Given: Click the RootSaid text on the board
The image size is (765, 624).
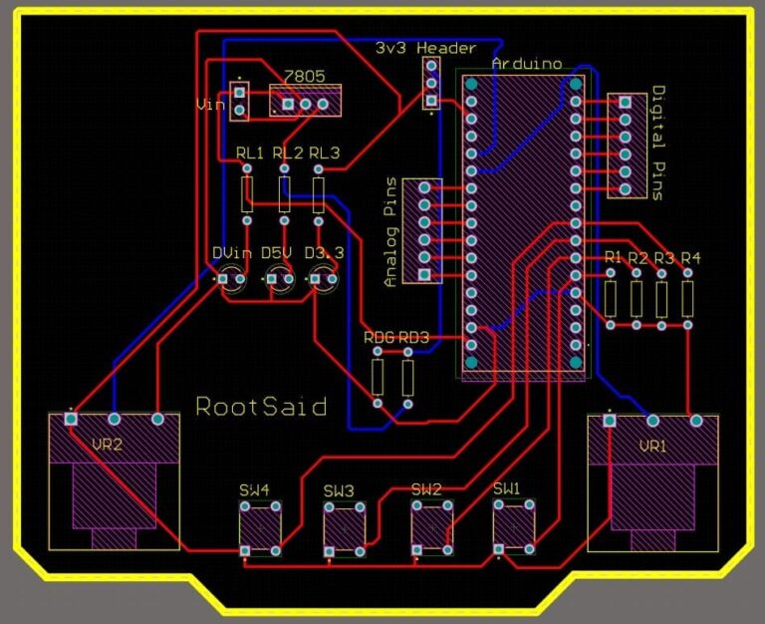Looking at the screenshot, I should (x=261, y=407).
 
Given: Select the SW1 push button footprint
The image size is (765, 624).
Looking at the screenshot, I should (x=514, y=526).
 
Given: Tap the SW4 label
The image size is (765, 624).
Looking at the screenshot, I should (x=254, y=489).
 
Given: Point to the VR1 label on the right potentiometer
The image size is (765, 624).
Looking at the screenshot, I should (x=652, y=446).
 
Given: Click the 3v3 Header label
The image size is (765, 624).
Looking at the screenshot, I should (x=425, y=47).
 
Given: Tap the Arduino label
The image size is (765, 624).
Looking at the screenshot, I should (x=526, y=63).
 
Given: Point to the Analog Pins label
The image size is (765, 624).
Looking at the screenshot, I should (x=390, y=232).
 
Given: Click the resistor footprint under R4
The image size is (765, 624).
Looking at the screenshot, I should (x=687, y=298).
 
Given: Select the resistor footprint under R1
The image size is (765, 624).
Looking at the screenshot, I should (x=611, y=298).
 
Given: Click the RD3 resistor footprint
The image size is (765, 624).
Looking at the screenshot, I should (x=407, y=378).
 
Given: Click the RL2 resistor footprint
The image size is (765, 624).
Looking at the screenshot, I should (x=285, y=193).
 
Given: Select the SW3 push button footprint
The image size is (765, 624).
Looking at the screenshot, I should (x=345, y=526).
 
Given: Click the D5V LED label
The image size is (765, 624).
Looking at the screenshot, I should (x=276, y=253).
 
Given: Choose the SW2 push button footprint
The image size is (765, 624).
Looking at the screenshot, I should (x=432, y=526).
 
